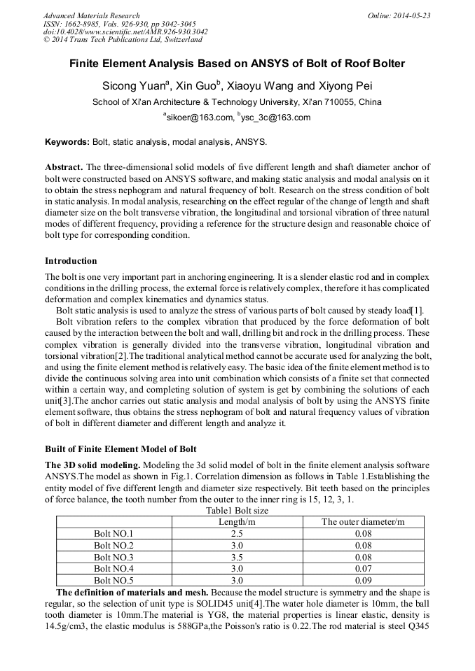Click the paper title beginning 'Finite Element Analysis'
237,64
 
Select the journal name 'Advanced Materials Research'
91,15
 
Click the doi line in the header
125,32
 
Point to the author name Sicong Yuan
133,86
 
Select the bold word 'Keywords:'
67,142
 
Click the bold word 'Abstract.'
64,167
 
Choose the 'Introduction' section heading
71,261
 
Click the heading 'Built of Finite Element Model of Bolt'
121,448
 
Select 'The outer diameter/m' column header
362,522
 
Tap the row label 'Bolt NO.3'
113,557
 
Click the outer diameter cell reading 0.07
362,569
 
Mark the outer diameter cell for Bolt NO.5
362,581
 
